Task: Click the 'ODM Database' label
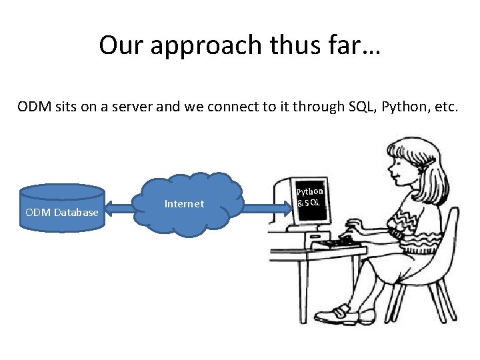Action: coord(62,212)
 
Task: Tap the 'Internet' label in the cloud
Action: coord(184,204)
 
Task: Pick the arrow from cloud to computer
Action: coord(263,209)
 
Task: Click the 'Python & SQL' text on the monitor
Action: coord(309,197)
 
